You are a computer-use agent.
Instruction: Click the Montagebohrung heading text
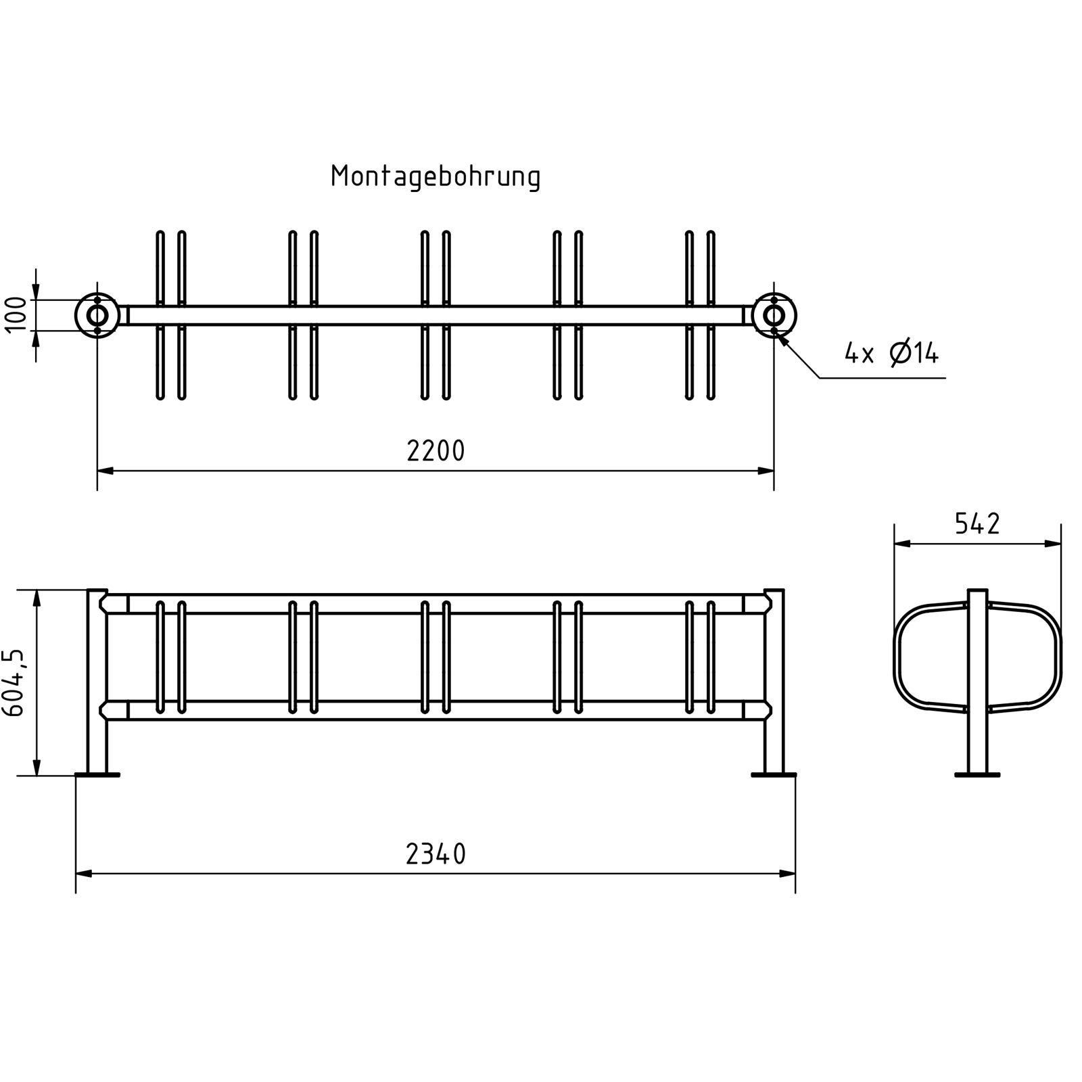click(x=436, y=177)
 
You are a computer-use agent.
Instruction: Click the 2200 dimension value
click(x=436, y=451)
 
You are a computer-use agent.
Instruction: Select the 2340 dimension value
click(x=436, y=855)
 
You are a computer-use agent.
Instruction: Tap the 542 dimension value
click(x=977, y=524)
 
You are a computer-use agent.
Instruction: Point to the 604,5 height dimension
click(x=15, y=682)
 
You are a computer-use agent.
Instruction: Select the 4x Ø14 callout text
click(x=891, y=353)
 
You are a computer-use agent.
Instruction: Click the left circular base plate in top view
click(x=97, y=315)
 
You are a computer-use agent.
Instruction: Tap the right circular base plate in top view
click(x=774, y=315)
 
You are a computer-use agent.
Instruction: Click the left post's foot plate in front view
click(x=97, y=774)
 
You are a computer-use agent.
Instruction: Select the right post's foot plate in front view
click(x=774, y=774)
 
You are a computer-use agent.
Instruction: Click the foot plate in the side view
click(x=977, y=774)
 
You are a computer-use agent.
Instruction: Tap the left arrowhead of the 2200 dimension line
click(x=105, y=470)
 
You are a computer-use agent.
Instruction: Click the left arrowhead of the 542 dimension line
click(x=902, y=543)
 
